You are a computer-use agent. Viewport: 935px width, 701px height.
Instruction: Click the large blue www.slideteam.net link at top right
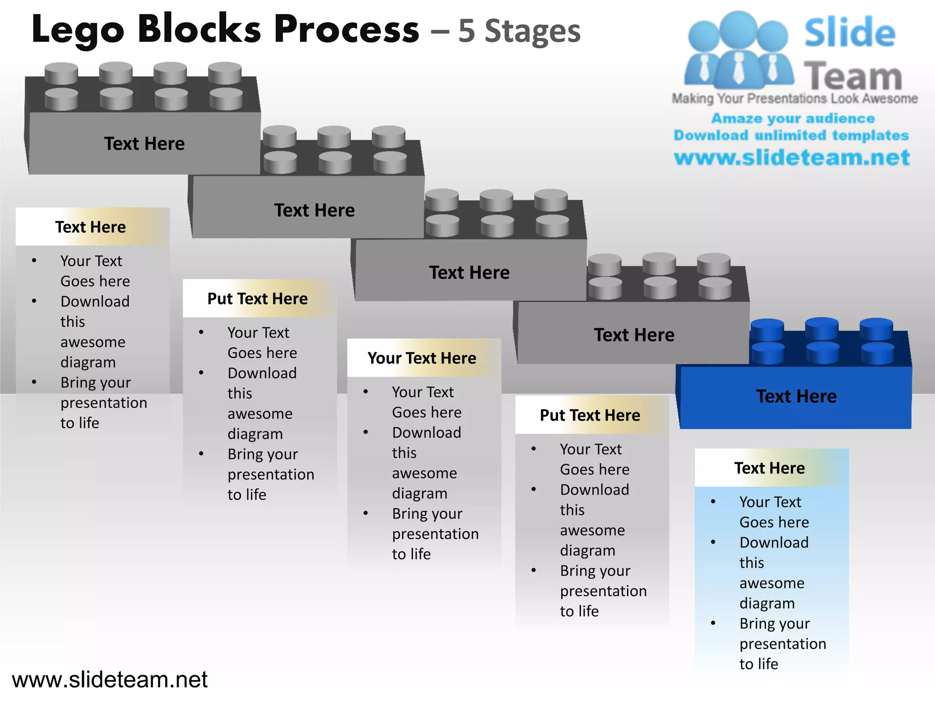click(792, 157)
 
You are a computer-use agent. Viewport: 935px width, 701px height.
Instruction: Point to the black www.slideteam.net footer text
click(110, 680)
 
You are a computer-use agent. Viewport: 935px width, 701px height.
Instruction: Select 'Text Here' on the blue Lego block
click(796, 396)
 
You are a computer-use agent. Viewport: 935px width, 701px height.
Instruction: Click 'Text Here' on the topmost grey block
click(144, 144)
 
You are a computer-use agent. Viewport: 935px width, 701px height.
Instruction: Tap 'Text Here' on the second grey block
click(314, 210)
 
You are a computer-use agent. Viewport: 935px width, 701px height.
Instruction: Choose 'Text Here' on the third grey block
click(469, 272)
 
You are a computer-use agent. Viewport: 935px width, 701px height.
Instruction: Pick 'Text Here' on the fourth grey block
click(634, 335)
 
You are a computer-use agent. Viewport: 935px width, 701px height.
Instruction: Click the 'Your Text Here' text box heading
click(422, 358)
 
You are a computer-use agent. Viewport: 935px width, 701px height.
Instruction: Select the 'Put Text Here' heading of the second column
click(257, 298)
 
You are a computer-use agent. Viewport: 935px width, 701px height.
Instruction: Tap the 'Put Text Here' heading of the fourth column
click(590, 415)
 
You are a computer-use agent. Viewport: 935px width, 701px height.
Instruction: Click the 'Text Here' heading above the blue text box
click(769, 468)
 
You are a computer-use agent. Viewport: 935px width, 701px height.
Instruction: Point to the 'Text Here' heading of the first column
click(90, 227)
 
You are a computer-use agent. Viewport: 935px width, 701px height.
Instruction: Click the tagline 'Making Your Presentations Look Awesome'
click(794, 99)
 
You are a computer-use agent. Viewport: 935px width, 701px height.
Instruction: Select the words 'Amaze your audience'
click(793, 118)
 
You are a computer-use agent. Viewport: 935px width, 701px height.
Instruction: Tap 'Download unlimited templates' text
click(791, 135)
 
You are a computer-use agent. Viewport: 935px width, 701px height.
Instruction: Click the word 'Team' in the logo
click(852, 76)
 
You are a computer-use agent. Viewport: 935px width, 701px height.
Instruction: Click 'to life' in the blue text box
click(758, 664)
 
